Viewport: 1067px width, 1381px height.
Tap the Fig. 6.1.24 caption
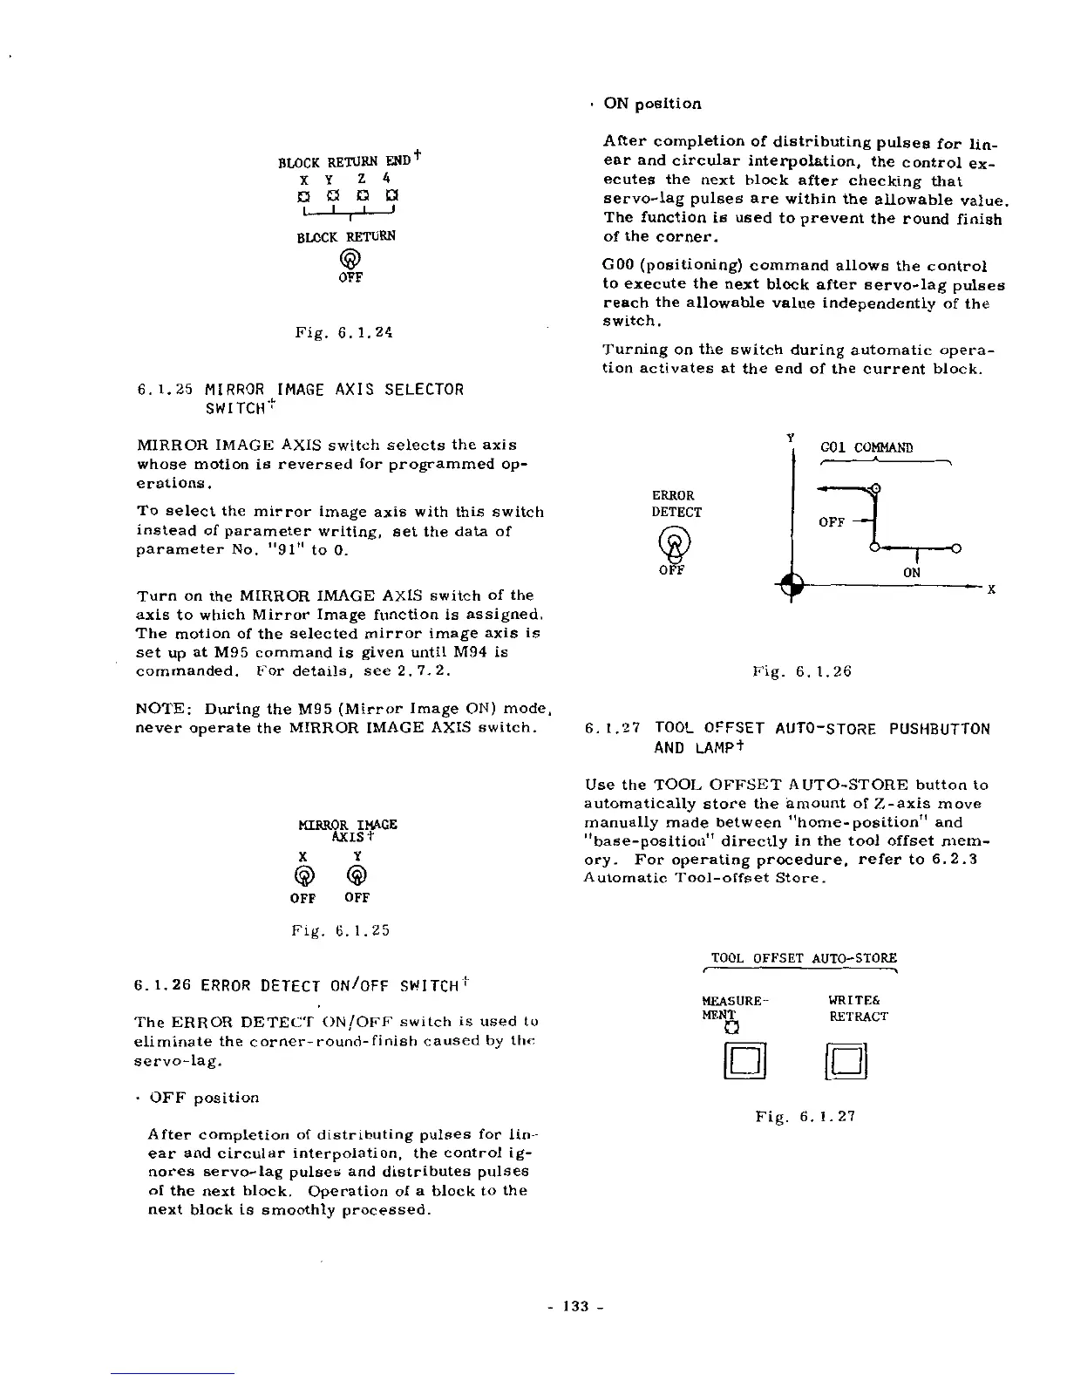point(344,332)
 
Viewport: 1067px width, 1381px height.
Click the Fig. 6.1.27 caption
point(805,1115)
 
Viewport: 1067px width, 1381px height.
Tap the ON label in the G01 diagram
point(912,573)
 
